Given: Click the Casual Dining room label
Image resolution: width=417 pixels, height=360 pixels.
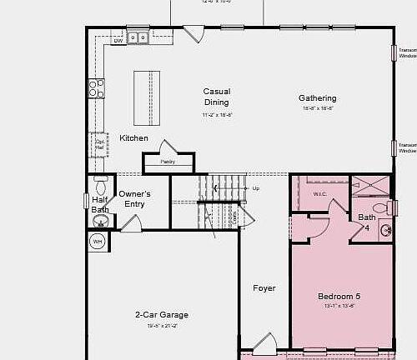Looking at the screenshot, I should pos(217,97).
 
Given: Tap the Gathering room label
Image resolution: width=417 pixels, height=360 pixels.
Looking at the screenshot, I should pos(318,98).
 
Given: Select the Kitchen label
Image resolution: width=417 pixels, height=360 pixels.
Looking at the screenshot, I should pos(133,138).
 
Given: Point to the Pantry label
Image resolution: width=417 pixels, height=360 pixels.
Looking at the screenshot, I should pos(168,162).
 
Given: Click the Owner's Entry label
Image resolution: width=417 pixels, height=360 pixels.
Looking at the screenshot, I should pos(135,199).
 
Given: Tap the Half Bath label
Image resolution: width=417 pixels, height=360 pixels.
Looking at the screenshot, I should pos(100,205).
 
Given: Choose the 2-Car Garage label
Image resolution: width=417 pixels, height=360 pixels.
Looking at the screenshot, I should pos(162,315).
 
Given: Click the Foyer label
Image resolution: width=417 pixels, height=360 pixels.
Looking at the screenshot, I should pos(264,288).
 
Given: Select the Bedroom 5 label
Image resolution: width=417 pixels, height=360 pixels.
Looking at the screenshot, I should pos(339,297).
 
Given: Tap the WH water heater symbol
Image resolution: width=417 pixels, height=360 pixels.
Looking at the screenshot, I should pos(97,242).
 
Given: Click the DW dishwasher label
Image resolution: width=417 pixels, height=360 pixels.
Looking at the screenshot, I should pos(118,39).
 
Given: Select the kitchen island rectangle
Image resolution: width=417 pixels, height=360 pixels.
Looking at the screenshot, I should pos(147,97).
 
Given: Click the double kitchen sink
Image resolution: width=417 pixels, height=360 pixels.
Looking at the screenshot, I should pos(139,37).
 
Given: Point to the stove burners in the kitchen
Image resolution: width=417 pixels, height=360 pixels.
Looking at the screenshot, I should pos(98,87).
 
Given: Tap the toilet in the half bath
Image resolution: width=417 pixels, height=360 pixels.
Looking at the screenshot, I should pos(101,184).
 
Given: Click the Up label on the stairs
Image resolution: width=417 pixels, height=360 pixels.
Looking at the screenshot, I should pos(255,188).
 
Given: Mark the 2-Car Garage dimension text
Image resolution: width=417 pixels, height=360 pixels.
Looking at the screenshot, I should pos(162,326).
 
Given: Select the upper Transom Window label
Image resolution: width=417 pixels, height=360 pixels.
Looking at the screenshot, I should pos(407,52).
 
